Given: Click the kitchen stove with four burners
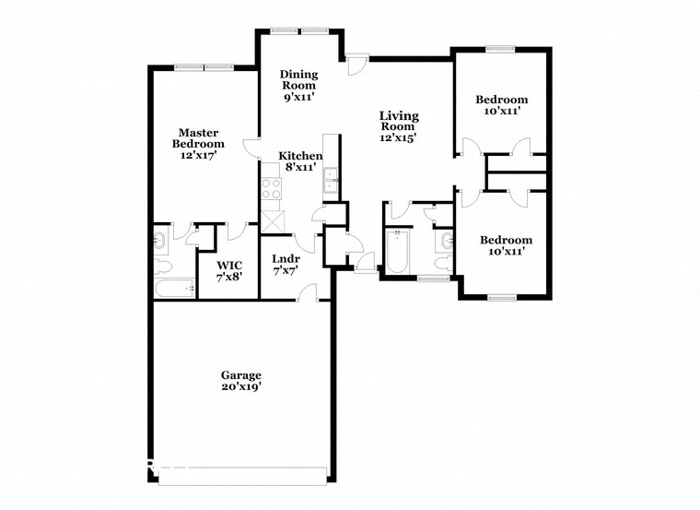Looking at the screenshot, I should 271,189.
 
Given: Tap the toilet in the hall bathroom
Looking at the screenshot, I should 444,264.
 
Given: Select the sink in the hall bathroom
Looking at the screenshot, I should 447,242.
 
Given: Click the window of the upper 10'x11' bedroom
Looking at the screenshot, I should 500,49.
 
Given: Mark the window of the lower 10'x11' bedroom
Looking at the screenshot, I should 502,297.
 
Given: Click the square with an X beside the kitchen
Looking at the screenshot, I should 274,220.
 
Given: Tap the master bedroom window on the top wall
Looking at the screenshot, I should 204,66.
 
